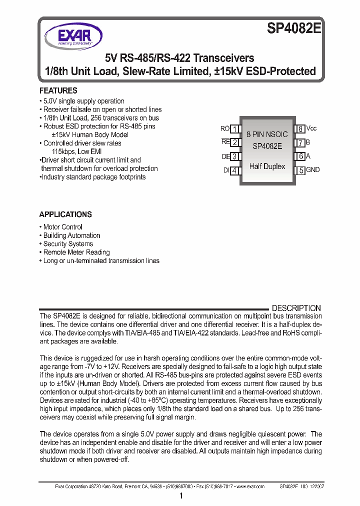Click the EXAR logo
(73, 37)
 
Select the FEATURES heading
(58, 90)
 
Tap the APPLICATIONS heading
(65, 214)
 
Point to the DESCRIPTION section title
(296, 308)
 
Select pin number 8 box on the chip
(300, 129)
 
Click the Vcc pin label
(311, 128)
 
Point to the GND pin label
(312, 170)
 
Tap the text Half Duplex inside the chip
(267, 166)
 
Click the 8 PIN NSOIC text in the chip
(267, 134)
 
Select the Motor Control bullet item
(62, 227)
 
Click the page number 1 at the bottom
(180, 496)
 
